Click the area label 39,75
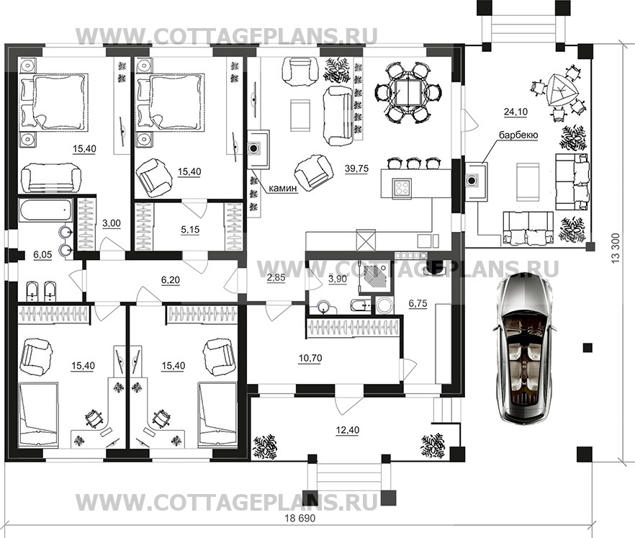coord(357,169)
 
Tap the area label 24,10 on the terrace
coord(515,112)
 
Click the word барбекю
coord(518,135)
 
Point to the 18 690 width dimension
coord(300,518)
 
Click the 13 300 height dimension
coord(616,248)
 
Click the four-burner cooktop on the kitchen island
coord(401,188)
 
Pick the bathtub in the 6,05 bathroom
coord(46,210)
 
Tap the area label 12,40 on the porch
coord(348,430)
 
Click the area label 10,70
coord(310,358)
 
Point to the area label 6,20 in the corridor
coord(170,280)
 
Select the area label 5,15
coord(190,230)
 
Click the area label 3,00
coord(112,223)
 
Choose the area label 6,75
coord(418,303)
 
